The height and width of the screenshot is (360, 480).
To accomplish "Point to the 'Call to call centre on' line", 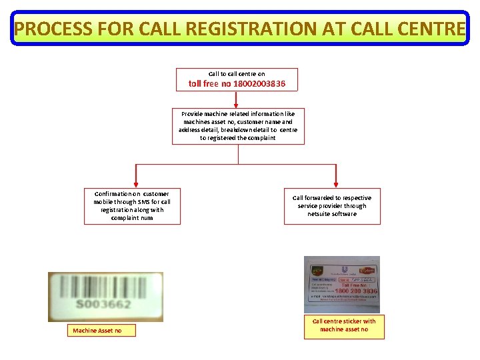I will coord(237,73).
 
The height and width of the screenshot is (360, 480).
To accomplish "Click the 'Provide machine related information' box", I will coord(238,126).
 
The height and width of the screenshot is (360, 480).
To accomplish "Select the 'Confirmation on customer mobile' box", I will coord(132,206).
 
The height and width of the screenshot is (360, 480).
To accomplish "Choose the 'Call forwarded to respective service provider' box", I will coord(332,206).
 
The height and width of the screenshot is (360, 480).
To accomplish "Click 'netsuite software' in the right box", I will coord(332,214).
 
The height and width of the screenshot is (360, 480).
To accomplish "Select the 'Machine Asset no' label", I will coord(97,331).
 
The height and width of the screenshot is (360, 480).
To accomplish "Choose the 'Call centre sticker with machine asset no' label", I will coord(344,325).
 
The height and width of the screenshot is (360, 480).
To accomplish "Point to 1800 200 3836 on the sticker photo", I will coord(356,291).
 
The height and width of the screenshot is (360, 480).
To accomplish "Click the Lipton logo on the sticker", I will coord(367,270).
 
